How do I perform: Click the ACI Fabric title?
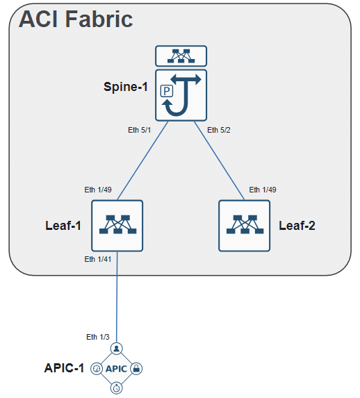(x=76, y=19)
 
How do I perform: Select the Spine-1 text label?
(x=126, y=87)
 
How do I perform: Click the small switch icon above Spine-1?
(x=181, y=55)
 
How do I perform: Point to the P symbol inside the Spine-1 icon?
(x=167, y=90)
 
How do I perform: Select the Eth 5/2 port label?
(x=219, y=129)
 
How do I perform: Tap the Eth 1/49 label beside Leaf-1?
(x=99, y=189)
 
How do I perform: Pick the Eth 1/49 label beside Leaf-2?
(x=263, y=189)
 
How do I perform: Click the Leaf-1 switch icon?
(x=117, y=226)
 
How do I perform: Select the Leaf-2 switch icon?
(x=244, y=226)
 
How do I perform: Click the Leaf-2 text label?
(x=297, y=226)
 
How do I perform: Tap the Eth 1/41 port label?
(x=99, y=259)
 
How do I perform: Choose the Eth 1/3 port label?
(x=98, y=337)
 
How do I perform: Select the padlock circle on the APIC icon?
(x=137, y=368)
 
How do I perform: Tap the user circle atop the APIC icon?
(x=117, y=348)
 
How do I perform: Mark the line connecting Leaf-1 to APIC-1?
(x=117, y=299)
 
